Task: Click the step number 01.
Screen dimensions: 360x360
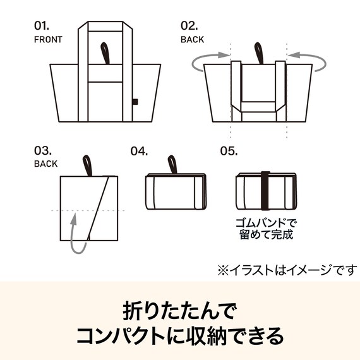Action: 41,27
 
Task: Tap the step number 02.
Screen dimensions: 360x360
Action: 189,27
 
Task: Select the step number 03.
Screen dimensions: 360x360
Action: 42,151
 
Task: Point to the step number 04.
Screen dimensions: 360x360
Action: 139,151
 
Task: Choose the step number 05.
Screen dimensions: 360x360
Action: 228,151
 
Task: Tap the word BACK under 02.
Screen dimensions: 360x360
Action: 192,39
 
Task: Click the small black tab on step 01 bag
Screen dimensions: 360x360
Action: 135,102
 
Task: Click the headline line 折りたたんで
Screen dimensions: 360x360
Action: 179,311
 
